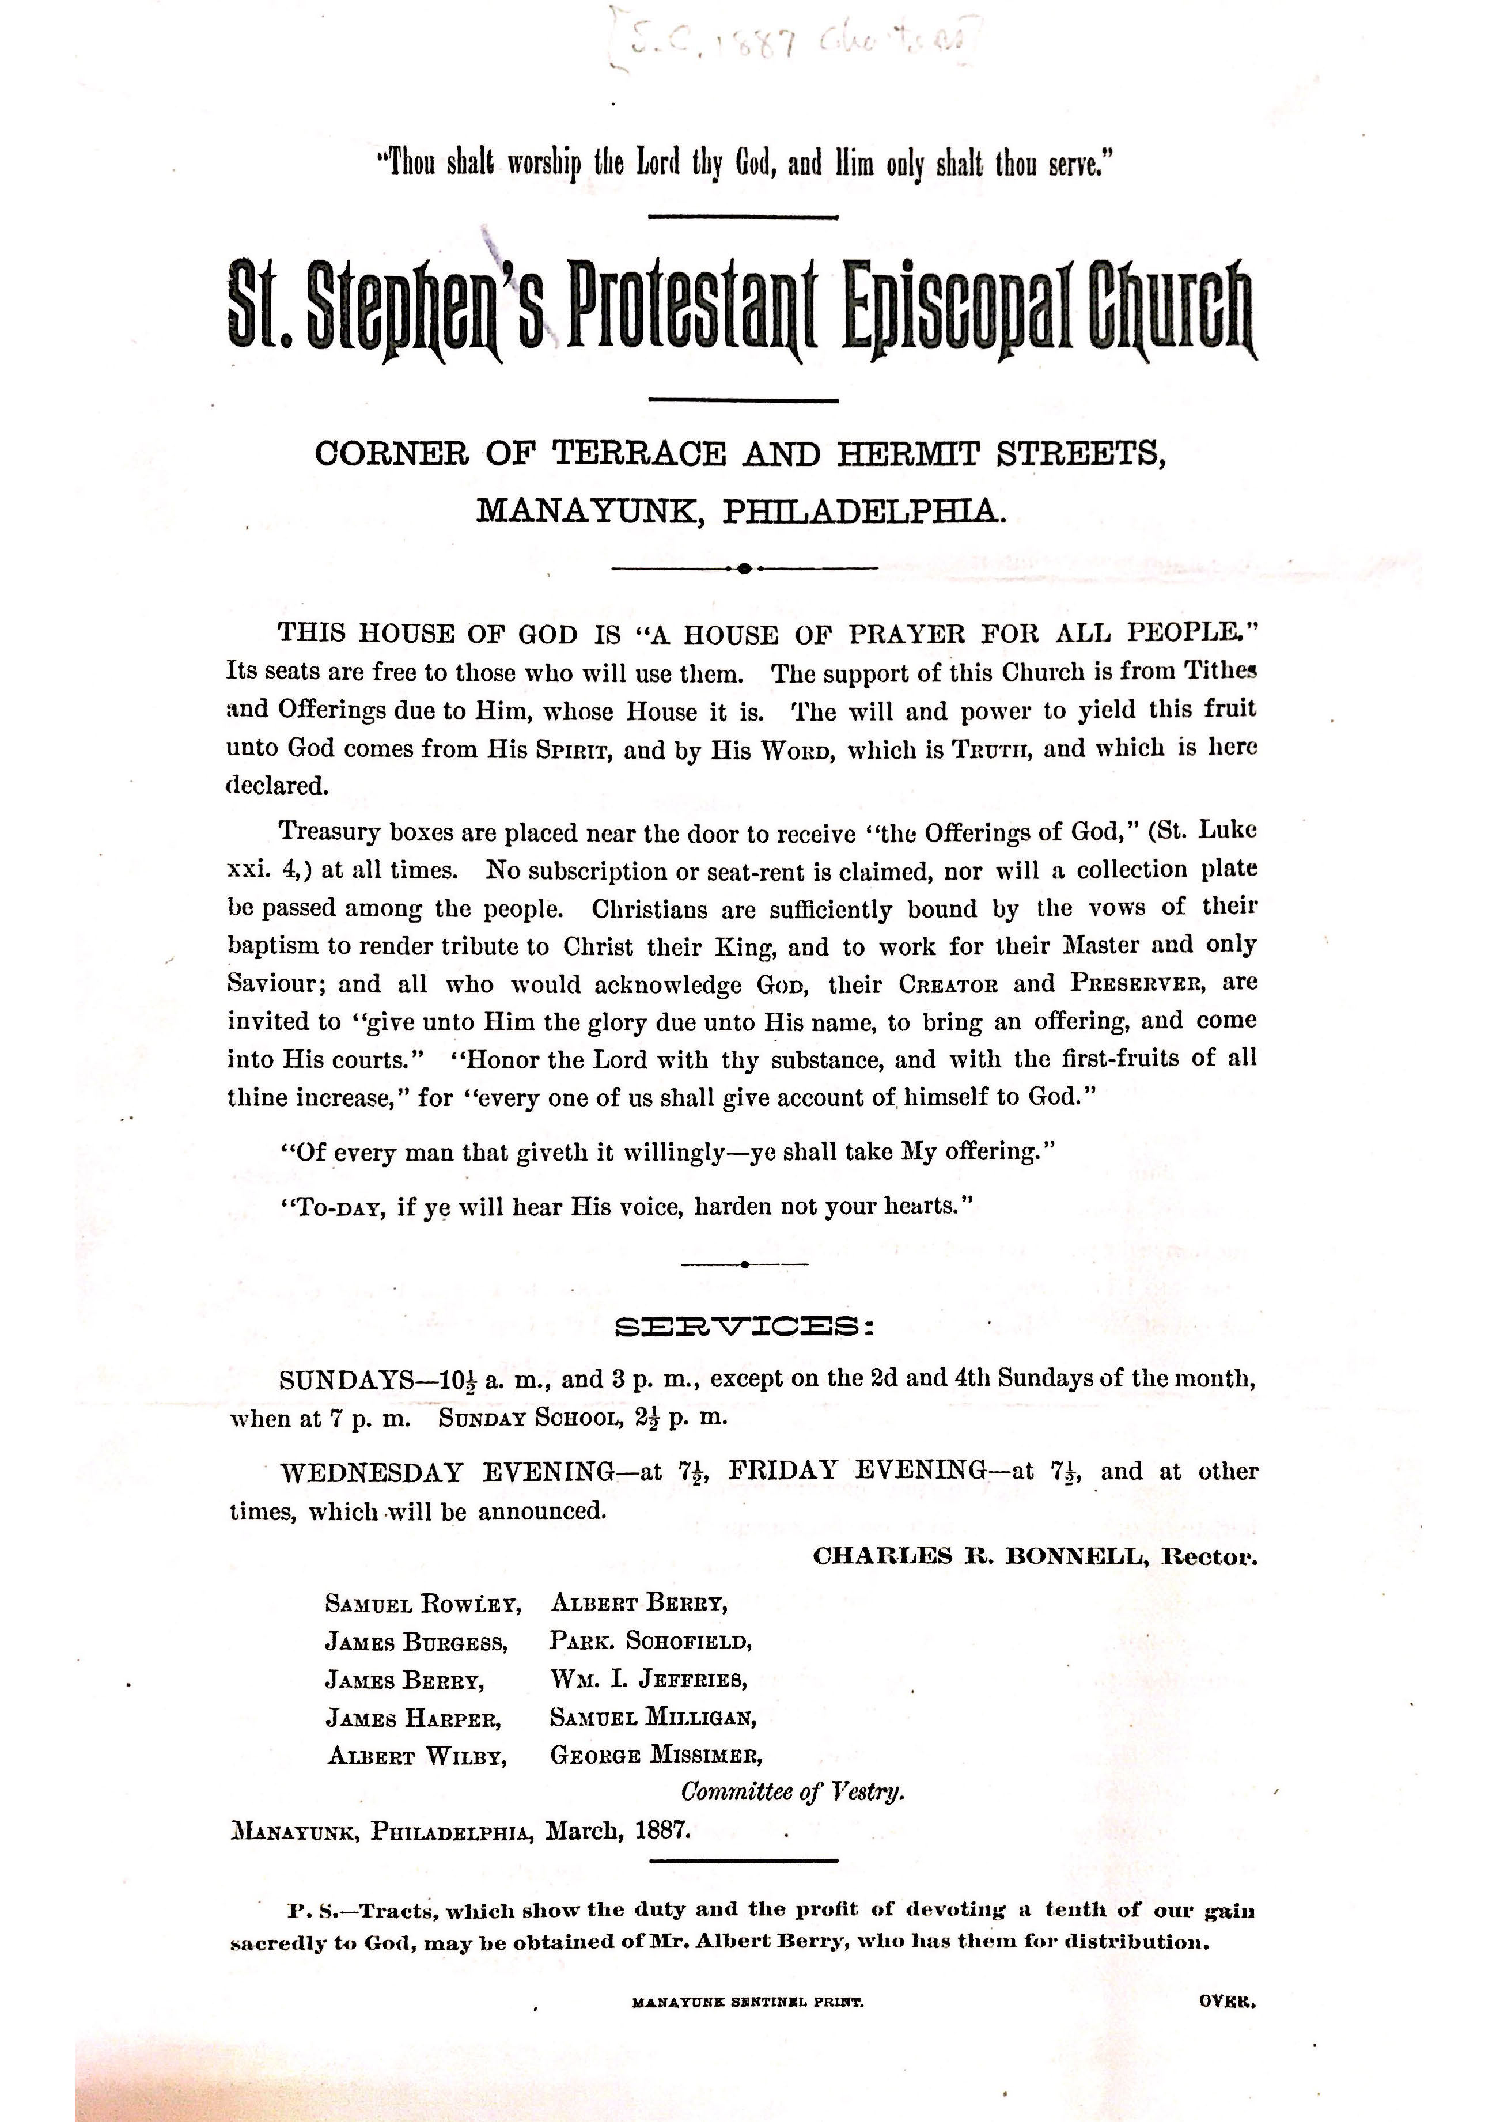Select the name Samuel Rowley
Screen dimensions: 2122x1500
[422, 1604]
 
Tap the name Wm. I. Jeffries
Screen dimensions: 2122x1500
[648, 1678]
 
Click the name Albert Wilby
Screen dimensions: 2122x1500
[418, 1755]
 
